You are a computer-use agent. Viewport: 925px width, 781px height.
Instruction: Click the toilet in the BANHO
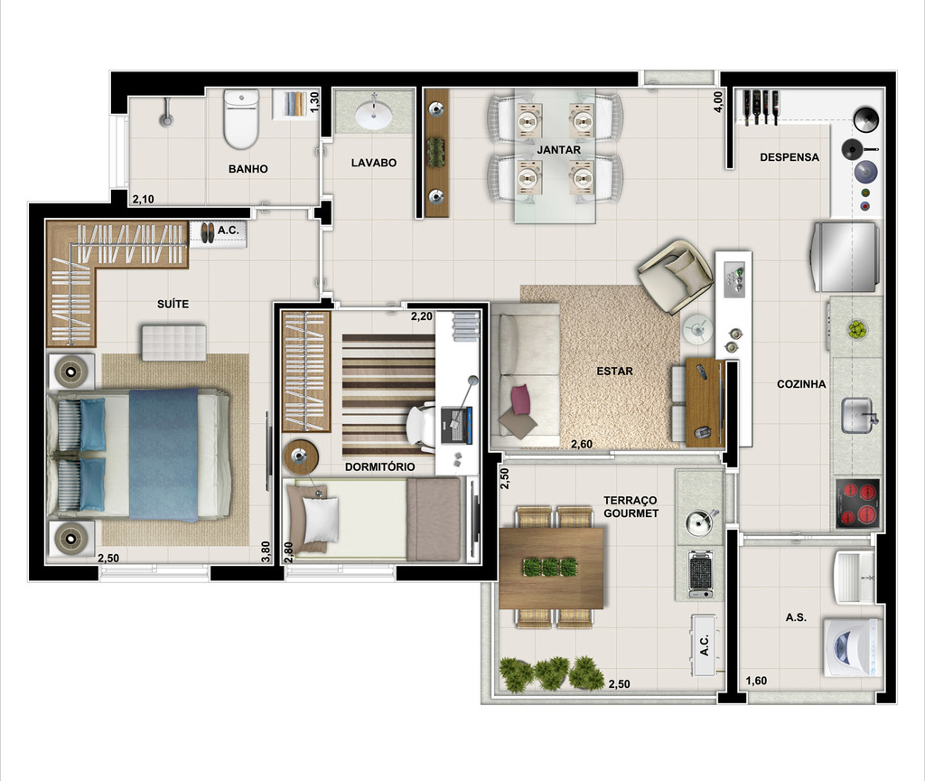click(241, 119)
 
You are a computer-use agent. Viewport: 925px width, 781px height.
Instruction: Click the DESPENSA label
click(789, 156)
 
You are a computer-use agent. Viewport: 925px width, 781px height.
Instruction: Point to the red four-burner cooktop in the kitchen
click(857, 504)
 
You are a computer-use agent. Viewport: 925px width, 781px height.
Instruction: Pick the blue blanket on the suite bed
click(164, 455)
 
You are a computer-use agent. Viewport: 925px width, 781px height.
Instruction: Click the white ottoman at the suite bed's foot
click(173, 343)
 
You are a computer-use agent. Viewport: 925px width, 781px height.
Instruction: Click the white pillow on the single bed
click(320, 519)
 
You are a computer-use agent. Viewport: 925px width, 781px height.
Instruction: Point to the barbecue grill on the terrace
click(699, 573)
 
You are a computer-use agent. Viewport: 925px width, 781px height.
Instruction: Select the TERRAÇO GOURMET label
click(631, 506)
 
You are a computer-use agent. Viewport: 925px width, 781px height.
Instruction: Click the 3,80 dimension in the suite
click(266, 550)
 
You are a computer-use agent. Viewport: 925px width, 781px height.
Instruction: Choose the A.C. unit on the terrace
click(704, 645)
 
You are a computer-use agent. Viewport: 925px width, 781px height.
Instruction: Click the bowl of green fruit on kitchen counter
click(855, 329)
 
